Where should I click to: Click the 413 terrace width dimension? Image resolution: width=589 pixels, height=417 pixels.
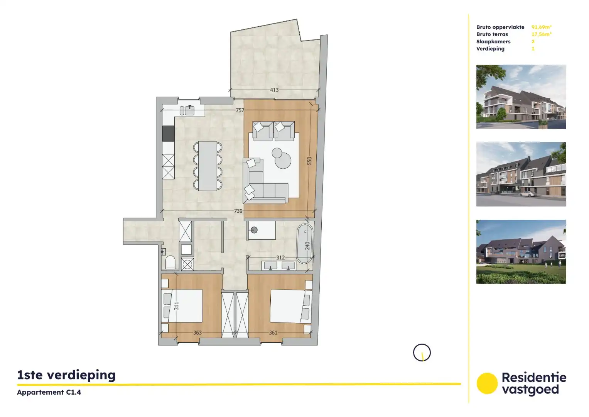point(274,90)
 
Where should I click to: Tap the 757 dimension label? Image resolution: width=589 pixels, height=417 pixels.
point(240,110)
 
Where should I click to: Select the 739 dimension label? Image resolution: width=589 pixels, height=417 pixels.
point(238,211)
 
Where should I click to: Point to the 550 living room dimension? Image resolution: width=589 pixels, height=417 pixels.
point(309,161)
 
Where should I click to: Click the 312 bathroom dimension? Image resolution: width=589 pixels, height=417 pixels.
point(280,258)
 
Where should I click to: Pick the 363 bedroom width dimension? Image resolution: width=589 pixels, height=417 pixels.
point(197,333)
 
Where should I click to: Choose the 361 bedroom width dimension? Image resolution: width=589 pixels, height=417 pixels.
point(273,333)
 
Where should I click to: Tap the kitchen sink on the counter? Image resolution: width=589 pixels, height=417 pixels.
point(187,110)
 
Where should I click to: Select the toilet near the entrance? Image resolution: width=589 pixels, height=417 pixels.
point(170,263)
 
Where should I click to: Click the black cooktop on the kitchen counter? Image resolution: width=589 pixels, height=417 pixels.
point(168,134)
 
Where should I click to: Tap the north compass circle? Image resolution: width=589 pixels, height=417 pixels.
point(422,353)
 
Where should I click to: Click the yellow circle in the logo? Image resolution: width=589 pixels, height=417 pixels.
point(487,383)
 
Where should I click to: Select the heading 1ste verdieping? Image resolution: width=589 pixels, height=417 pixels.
point(66,375)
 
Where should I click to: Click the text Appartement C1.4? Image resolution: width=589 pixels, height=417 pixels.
point(49,392)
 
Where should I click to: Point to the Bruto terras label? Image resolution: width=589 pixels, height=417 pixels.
point(492,34)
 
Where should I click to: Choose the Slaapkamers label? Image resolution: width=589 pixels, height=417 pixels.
point(493,42)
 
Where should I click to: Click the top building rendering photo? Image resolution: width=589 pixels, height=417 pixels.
point(521,97)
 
